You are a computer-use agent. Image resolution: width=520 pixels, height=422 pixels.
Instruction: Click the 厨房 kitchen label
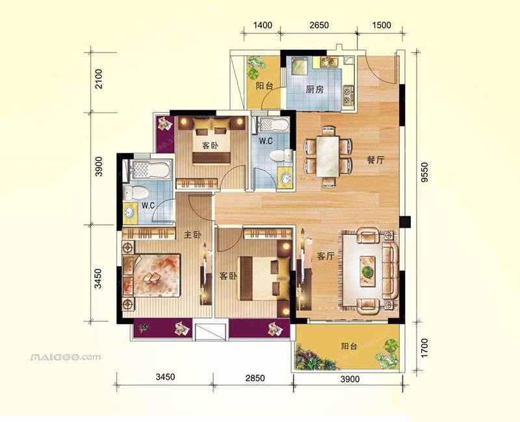pos(315,90)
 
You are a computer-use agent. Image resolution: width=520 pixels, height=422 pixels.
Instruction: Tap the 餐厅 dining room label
pos(376,160)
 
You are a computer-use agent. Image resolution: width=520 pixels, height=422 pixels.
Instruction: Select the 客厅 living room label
pos(326,256)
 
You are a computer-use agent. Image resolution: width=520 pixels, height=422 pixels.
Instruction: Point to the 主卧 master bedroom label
pos(192,235)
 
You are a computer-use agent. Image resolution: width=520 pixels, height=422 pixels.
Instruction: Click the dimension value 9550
pos(424,172)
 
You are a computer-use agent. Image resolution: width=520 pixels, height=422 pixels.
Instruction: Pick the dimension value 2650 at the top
pos(319,25)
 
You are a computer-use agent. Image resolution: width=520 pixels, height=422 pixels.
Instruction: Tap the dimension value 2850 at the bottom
pos(255,378)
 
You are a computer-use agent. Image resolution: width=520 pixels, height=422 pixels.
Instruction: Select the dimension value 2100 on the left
pos(99,79)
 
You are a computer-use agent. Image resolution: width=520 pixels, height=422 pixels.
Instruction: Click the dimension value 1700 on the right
pos(424,348)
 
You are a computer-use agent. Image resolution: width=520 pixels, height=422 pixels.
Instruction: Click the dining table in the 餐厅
pos(328,156)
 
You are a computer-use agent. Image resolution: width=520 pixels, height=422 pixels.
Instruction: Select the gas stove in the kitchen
pos(348,95)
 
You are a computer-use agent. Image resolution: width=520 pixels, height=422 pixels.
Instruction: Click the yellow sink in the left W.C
pos(129,212)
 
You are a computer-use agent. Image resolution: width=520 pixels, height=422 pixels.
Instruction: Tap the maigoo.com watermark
pos(66,357)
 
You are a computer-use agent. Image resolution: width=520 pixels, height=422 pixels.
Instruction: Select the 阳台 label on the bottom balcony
pos(350,347)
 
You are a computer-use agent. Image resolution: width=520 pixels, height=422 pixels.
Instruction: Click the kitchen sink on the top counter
pos(329,62)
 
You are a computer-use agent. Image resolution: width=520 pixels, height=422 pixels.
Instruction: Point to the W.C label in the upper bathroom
pos(266,141)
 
